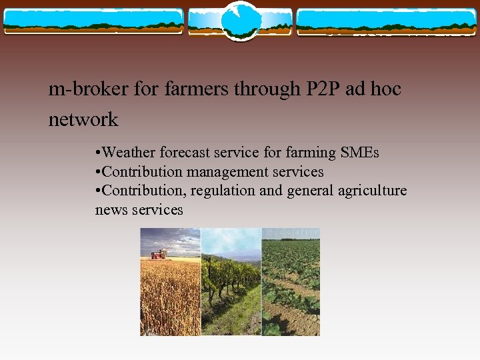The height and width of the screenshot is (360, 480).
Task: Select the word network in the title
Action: click(x=83, y=120)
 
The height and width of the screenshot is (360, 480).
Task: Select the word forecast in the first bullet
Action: click(x=188, y=153)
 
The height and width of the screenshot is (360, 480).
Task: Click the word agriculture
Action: click(x=371, y=191)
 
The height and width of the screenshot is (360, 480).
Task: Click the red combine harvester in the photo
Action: click(x=159, y=253)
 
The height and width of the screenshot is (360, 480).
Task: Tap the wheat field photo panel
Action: click(x=169, y=293)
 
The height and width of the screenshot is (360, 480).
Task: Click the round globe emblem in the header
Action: click(x=240, y=20)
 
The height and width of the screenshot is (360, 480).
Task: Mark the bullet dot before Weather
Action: click(x=99, y=153)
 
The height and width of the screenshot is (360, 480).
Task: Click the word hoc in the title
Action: click(x=386, y=89)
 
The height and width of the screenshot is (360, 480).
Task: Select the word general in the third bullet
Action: click(x=309, y=191)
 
